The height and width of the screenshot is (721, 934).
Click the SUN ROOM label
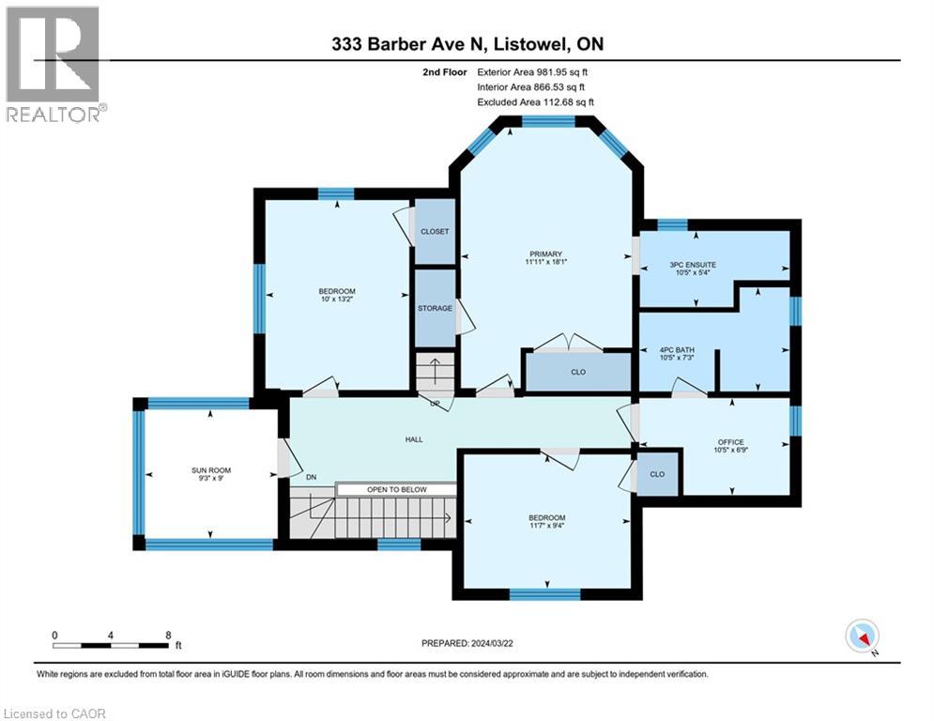click(x=211, y=470)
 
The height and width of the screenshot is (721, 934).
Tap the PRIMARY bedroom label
click(x=545, y=253)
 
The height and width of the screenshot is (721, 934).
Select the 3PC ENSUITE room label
click(x=693, y=265)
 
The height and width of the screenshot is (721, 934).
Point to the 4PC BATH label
click(x=678, y=350)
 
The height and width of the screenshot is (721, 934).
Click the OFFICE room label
click(x=731, y=442)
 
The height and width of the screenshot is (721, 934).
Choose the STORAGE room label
click(x=435, y=308)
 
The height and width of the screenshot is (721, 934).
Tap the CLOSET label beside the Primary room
click(x=435, y=231)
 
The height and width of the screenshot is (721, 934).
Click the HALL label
click(x=414, y=439)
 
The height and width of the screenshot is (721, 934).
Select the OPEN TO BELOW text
click(x=397, y=490)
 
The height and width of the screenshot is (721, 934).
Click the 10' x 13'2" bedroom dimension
click(x=337, y=299)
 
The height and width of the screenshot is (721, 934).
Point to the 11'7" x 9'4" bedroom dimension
click(x=547, y=526)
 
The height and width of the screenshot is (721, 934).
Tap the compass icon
click(x=863, y=637)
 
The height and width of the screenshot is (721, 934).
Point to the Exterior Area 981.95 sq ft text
click(x=532, y=72)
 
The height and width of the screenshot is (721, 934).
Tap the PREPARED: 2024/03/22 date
click(x=467, y=643)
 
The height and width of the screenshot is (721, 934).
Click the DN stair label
click(x=311, y=477)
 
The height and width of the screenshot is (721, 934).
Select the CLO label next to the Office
click(x=657, y=474)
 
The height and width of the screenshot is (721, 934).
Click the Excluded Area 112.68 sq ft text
click(x=535, y=102)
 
